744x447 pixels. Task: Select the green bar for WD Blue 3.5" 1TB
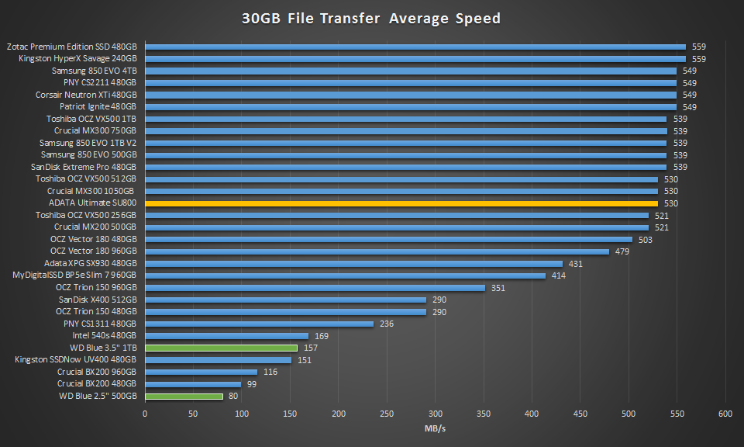pyautogui.click(x=221, y=348)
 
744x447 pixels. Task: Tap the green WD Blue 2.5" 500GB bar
pyautogui.click(x=184, y=396)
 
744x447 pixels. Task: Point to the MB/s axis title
pyautogui.click(x=435, y=428)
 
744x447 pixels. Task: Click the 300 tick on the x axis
pyautogui.click(x=436, y=413)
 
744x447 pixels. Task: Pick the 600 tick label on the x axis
pyautogui.click(x=725, y=413)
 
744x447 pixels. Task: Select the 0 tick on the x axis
pyautogui.click(x=145, y=413)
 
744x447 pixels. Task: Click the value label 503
pyautogui.click(x=646, y=240)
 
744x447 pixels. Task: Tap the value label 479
pyautogui.click(x=622, y=251)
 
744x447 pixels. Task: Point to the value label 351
pyautogui.click(x=498, y=288)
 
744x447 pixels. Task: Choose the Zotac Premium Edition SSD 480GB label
pyautogui.click(x=71, y=47)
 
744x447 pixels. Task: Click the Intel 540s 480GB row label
pyautogui.click(x=105, y=335)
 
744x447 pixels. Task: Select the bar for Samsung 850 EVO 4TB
pyautogui.click(x=411, y=71)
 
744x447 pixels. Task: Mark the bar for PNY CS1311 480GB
pyautogui.click(x=259, y=324)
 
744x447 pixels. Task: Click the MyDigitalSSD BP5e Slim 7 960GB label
pyautogui.click(x=75, y=275)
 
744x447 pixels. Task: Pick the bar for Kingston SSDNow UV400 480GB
pyautogui.click(x=218, y=359)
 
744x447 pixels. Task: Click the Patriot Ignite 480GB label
pyautogui.click(x=98, y=106)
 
